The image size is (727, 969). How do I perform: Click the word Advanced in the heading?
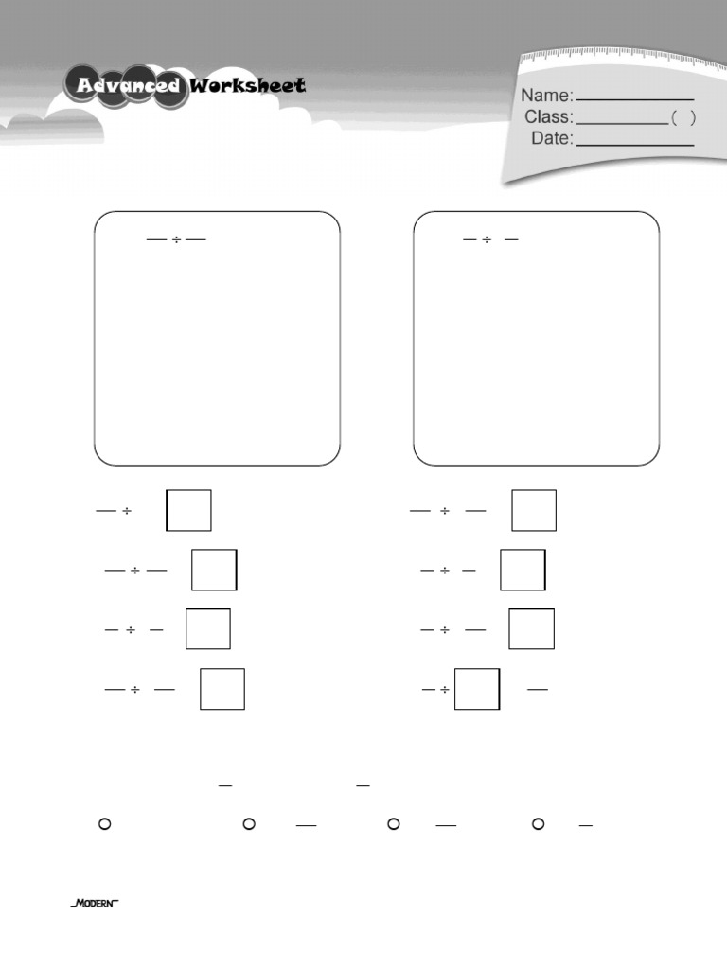129,85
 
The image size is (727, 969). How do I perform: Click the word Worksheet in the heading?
247,85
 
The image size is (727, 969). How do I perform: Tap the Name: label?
547,96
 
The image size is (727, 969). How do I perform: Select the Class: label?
549,116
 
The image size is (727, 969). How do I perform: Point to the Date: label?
552,138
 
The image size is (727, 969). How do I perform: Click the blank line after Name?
635,99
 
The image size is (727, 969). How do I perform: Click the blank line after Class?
622,123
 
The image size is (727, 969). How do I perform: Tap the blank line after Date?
635,145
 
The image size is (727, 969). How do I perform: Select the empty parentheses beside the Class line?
683,117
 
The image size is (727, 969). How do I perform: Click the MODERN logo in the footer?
94,904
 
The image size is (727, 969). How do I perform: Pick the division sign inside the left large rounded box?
176,239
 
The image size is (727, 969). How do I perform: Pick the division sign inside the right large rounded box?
487,239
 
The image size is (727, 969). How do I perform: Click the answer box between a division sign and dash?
477,689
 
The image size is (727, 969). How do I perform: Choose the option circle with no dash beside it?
104,824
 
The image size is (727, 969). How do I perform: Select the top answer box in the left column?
188,510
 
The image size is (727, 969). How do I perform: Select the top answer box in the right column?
534,510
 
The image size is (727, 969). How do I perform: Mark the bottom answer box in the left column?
222,689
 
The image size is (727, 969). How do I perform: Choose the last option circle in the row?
538,824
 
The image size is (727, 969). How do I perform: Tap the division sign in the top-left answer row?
126,511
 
